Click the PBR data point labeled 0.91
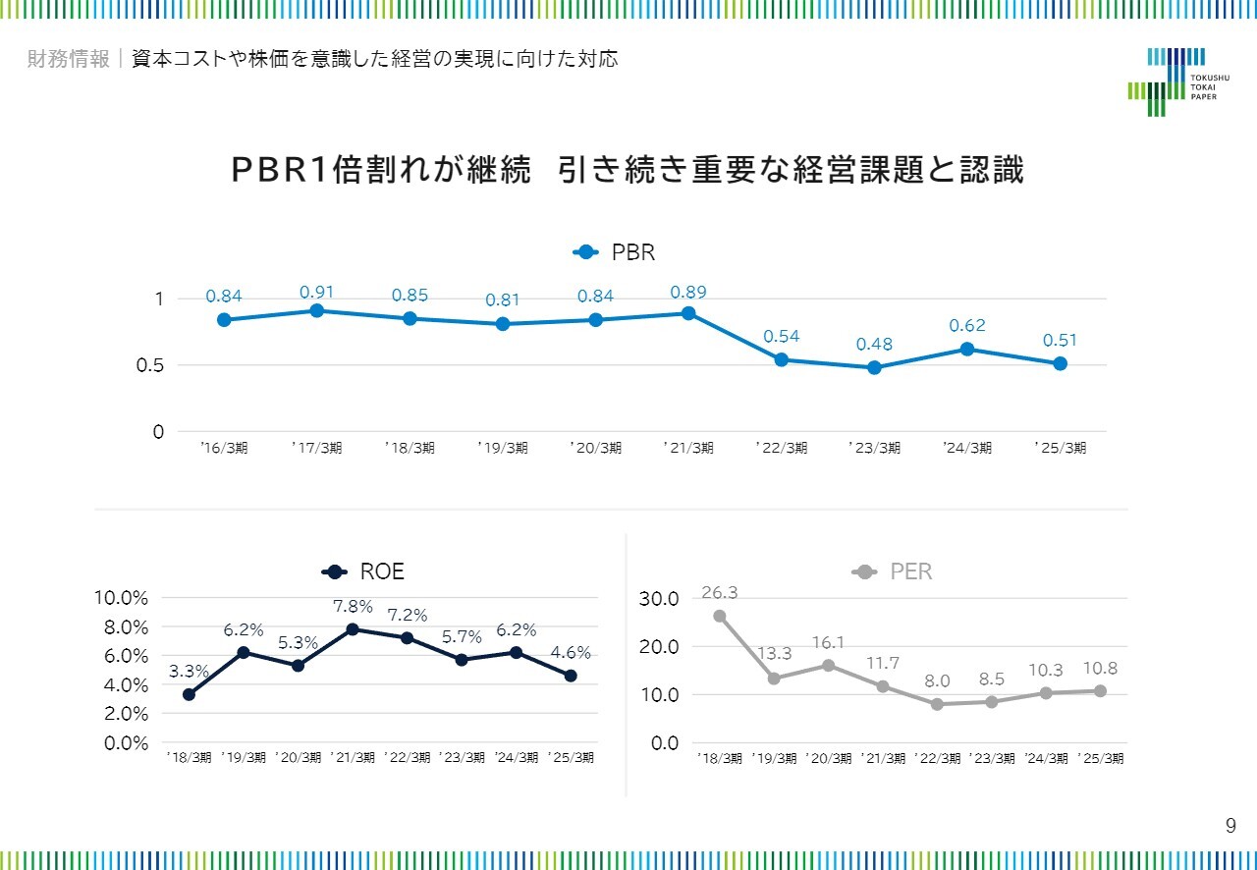tap(317, 310)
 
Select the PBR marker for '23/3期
tap(874, 367)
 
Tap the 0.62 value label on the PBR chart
tap(967, 326)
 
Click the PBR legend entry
tap(615, 252)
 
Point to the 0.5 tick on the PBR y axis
tap(151, 365)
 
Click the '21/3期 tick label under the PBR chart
tap(688, 448)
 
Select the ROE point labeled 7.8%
tap(353, 628)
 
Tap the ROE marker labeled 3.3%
tap(189, 694)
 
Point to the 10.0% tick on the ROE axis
tap(121, 598)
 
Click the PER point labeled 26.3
tap(719, 616)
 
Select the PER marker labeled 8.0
tap(937, 704)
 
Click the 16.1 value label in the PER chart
tap(829, 642)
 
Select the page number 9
tap(1230, 826)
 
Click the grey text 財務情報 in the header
tap(69, 59)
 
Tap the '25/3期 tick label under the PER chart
tap(1100, 758)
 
